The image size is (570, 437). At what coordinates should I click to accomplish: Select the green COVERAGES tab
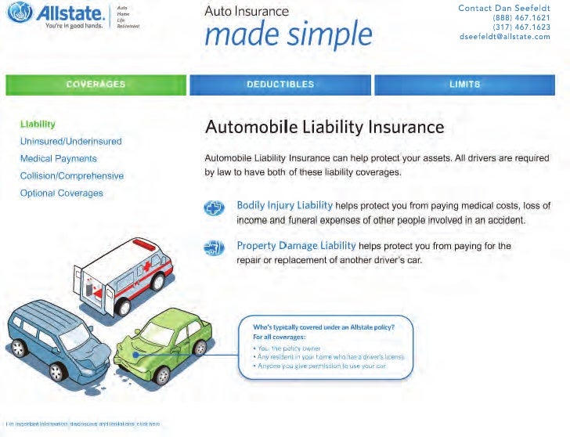tap(96, 85)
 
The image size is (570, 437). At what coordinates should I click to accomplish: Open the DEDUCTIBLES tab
tap(280, 85)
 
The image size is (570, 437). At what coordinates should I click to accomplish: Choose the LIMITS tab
tap(465, 85)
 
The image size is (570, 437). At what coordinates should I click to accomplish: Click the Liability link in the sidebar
tap(38, 124)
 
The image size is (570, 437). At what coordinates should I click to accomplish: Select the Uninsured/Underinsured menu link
tap(70, 141)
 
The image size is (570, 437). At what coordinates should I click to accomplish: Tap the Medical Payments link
tap(58, 158)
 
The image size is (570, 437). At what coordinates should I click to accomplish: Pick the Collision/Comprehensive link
tap(71, 175)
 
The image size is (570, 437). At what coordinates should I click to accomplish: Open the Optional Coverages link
tap(61, 193)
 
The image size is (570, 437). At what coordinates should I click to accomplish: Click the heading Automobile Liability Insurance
tap(324, 127)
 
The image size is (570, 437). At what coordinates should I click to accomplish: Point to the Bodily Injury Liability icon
tap(214, 208)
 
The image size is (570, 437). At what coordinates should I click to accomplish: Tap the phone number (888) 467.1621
tap(521, 17)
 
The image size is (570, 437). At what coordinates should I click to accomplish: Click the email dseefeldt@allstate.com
tap(505, 36)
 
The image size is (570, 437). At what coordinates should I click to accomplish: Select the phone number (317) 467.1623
tap(521, 27)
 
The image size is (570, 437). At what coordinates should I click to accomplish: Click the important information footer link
tap(82, 424)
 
